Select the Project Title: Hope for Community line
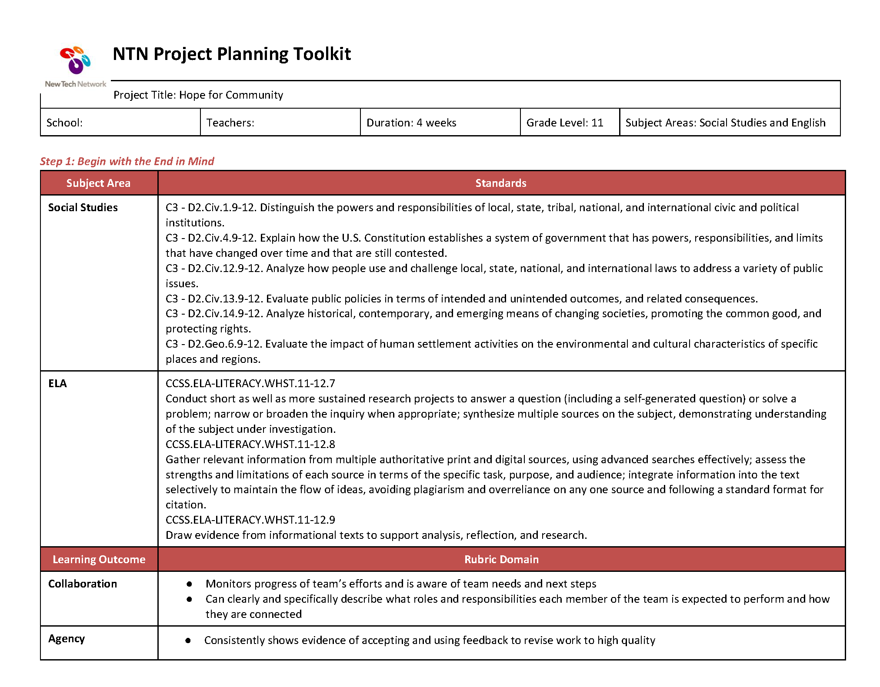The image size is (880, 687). tap(198, 95)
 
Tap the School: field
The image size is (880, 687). tap(64, 123)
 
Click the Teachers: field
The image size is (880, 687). tap(230, 123)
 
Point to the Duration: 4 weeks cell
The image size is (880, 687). tap(411, 123)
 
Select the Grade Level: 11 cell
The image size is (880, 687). tap(565, 123)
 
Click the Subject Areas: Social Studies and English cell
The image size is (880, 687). tap(725, 123)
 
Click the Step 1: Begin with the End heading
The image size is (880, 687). tap(127, 161)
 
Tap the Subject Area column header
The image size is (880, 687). tap(98, 183)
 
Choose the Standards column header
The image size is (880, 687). tap(501, 183)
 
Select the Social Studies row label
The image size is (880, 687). tap(83, 208)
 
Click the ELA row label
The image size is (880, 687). tap(57, 384)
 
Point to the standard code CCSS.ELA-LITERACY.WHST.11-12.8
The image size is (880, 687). tap(250, 445)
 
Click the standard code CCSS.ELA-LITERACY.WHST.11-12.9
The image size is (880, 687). tap(250, 520)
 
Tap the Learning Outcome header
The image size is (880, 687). tap(99, 560)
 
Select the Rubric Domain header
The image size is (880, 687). tap(501, 560)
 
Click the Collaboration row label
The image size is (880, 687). tap(83, 584)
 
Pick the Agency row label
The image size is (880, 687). tap(67, 639)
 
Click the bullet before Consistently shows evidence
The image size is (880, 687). tap(188, 641)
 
